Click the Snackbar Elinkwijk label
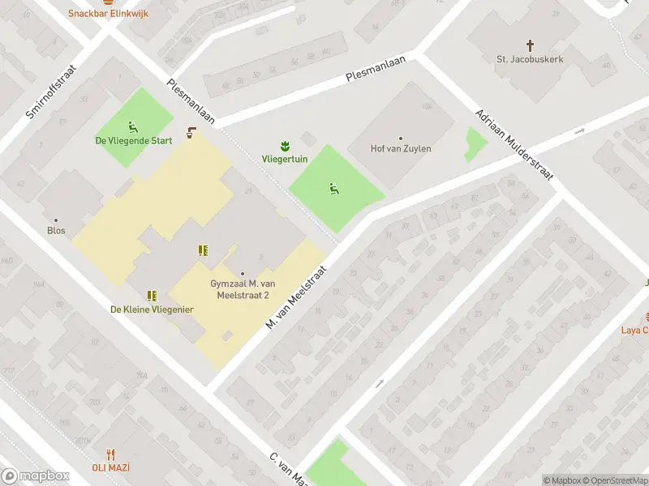point(108,14)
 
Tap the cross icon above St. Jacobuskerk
point(531,45)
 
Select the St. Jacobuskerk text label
point(531,59)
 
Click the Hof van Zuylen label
point(401,148)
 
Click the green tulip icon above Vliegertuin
point(284,146)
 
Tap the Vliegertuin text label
point(284,160)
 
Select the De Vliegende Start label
point(134,140)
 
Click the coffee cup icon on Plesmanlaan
point(191,133)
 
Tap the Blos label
point(56,230)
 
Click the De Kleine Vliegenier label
point(152,309)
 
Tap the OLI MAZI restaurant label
point(111,467)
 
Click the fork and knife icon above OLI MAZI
point(111,454)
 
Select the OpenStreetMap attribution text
point(613,480)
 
